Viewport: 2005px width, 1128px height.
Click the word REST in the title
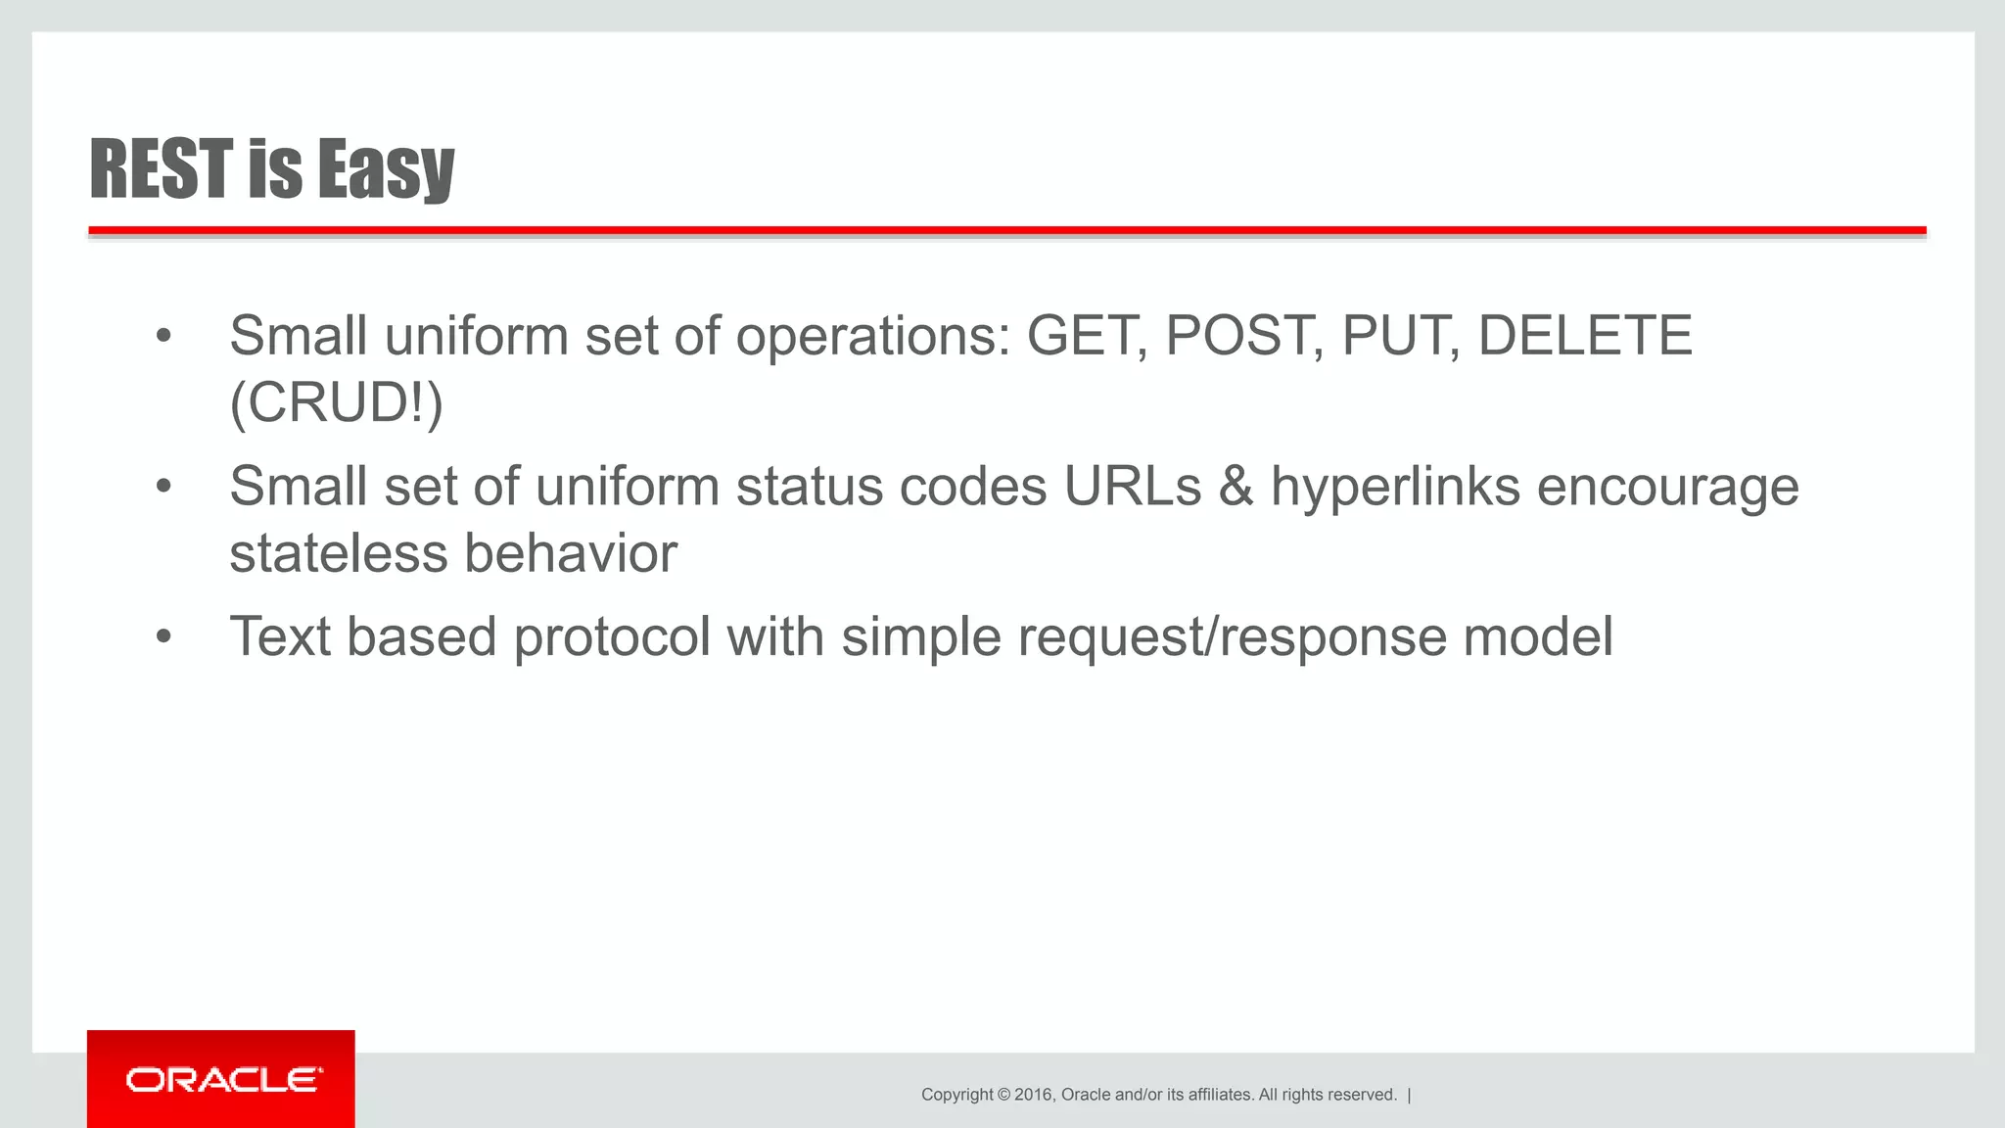[162, 168]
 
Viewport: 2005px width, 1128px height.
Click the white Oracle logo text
[223, 1080]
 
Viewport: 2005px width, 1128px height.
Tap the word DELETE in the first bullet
[1584, 336]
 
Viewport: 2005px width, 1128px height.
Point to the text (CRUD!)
[336, 402]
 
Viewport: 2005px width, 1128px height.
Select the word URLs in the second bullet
[1132, 487]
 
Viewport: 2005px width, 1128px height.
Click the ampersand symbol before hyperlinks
[1236, 487]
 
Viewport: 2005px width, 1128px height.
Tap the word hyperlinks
[1395, 487]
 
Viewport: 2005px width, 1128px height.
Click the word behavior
[571, 553]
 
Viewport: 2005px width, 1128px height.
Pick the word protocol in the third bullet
[612, 637]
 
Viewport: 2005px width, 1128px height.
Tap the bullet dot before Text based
[163, 637]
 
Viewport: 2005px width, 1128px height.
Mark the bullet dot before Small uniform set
[163, 337]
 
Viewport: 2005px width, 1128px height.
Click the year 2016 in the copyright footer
[1034, 1095]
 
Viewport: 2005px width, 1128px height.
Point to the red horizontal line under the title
[1006, 231]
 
